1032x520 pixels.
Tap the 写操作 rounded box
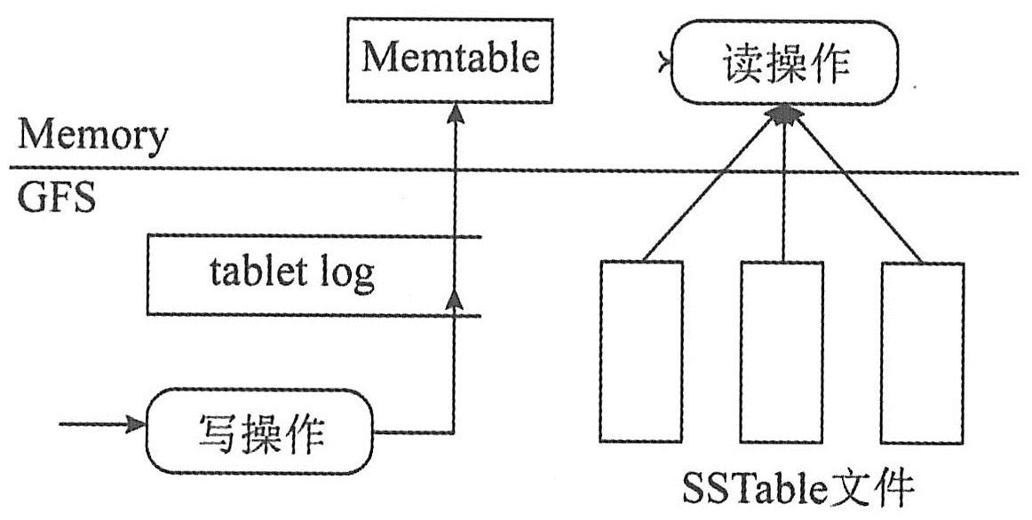tap(259, 433)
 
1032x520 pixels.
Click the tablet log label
tap(292, 274)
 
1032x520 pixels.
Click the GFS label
tap(56, 197)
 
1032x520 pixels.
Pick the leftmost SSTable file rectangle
tap(641, 351)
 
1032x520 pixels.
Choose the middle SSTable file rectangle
tap(782, 351)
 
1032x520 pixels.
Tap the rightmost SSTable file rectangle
tap(922, 351)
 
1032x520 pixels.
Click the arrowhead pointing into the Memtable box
tap(456, 111)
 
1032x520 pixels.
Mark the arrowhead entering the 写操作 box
tap(135, 424)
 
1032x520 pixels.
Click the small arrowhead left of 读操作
tap(662, 64)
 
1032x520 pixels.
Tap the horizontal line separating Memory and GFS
tap(515, 170)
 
